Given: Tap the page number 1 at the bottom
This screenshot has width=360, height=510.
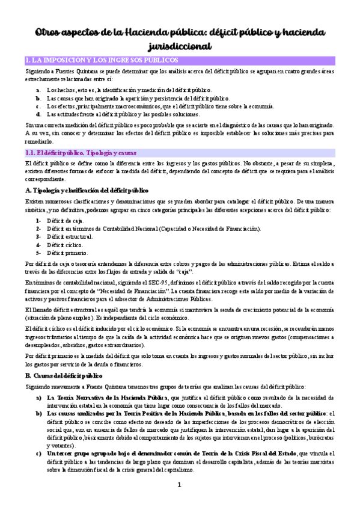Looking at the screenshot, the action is click(x=180, y=484).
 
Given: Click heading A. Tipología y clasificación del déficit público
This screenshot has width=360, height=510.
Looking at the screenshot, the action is click(x=87, y=191).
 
